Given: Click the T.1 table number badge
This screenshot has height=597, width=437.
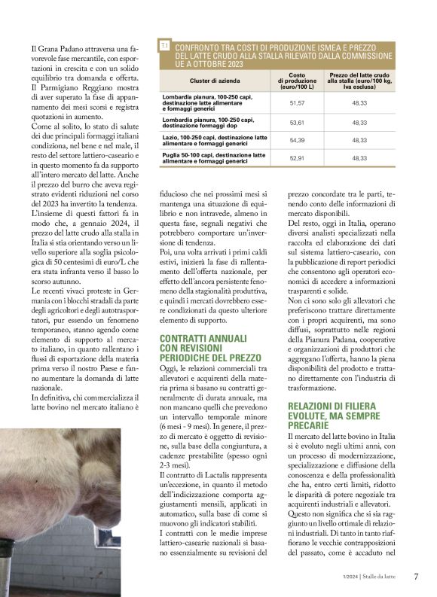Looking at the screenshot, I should pyautogui.click(x=164, y=47).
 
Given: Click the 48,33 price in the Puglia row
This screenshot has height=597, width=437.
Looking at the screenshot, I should pyautogui.click(x=359, y=158).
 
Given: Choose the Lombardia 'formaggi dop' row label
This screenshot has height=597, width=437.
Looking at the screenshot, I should pyautogui.click(x=208, y=122).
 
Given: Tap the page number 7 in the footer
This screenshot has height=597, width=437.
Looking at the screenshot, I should pyautogui.click(x=416, y=577).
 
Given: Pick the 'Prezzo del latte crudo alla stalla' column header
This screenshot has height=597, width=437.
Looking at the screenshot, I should pyautogui.click(x=359, y=78).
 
